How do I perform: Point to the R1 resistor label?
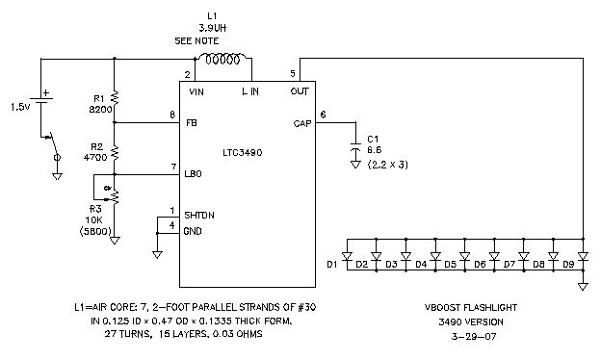(x=97, y=99)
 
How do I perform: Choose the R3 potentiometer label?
(x=95, y=208)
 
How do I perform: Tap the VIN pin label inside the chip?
(x=197, y=91)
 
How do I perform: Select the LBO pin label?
(x=194, y=175)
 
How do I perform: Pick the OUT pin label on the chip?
(x=300, y=91)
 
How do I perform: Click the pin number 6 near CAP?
(x=323, y=114)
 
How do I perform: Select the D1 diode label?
(x=332, y=262)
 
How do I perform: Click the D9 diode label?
(x=568, y=262)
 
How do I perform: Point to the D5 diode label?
(x=450, y=262)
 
